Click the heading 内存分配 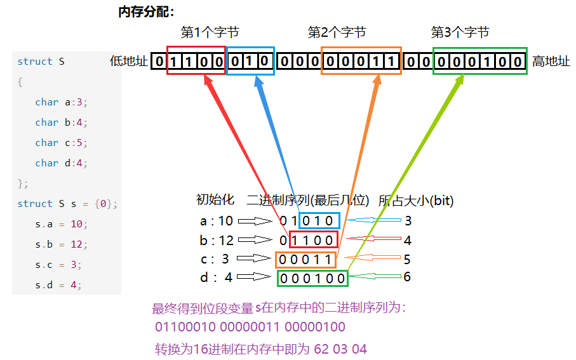pyautogui.click(x=146, y=12)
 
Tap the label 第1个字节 pyautogui.click(x=210, y=32)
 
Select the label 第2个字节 pyautogui.click(x=337, y=32)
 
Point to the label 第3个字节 pyautogui.click(x=460, y=32)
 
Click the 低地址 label pyautogui.click(x=129, y=62)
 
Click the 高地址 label pyautogui.click(x=551, y=62)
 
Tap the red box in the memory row pyautogui.click(x=196, y=61)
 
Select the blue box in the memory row pyautogui.click(x=250, y=61)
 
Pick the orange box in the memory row pyautogui.click(x=361, y=61)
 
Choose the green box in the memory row pyautogui.click(x=480, y=61)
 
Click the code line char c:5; pyautogui.click(x=61, y=143)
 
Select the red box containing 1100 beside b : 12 pyautogui.click(x=312, y=240)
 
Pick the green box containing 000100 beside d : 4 pyautogui.click(x=312, y=278)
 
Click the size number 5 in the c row pyautogui.click(x=407, y=259)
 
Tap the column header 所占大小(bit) pyautogui.click(x=415, y=201)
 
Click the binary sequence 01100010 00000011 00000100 pyautogui.click(x=250, y=328)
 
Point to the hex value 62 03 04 pyautogui.click(x=340, y=349)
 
